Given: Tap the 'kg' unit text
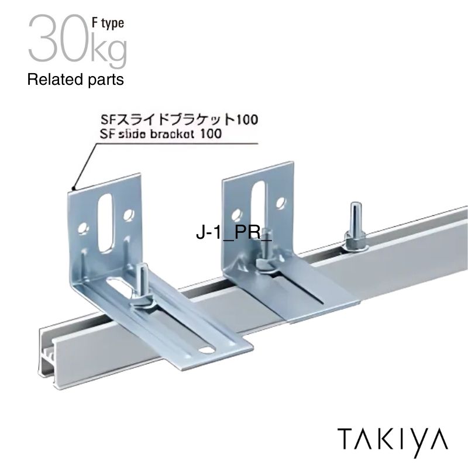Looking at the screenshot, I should (x=108, y=49).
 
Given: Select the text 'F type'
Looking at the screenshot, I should (x=107, y=23).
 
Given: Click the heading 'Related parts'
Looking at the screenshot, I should (x=75, y=80).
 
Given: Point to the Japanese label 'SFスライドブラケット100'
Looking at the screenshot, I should (x=177, y=119).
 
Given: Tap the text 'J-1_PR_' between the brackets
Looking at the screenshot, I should (x=234, y=233).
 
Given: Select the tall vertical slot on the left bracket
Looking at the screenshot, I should (x=108, y=222).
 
